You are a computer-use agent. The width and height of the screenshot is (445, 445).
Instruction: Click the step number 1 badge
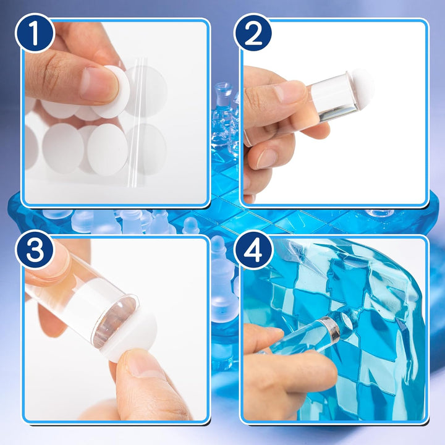coord(35,33)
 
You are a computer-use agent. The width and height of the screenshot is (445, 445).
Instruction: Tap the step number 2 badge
coord(253,33)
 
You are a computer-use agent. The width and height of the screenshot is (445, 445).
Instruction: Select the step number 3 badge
coord(35,250)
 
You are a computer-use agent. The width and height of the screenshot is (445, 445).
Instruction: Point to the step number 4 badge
coord(253,250)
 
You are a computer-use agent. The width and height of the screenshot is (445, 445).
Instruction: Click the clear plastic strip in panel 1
coord(138,122)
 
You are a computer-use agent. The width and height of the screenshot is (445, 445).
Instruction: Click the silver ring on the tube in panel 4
coord(331,330)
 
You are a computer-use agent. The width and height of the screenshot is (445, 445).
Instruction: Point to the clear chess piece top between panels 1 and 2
coord(222,88)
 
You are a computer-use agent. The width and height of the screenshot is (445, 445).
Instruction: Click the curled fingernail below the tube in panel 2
coord(266,158)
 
